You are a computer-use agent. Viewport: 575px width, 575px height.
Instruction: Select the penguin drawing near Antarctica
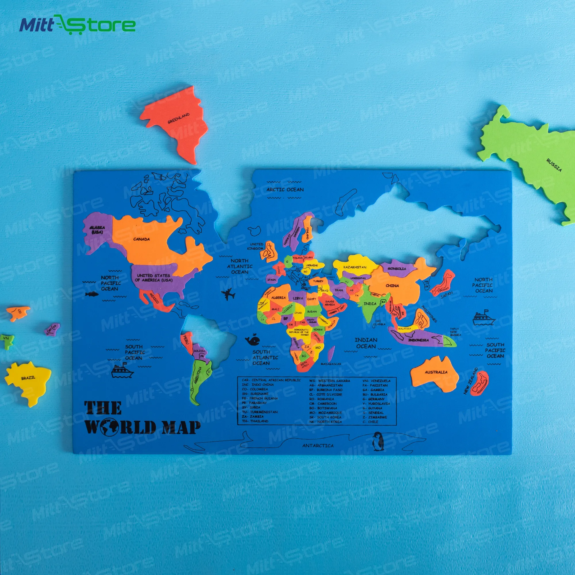click(x=378, y=441)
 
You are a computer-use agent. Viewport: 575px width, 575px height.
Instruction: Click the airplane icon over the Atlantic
click(x=228, y=294)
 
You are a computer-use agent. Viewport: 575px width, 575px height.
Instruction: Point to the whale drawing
click(x=253, y=340)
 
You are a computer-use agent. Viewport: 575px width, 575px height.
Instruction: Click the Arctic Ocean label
click(x=285, y=189)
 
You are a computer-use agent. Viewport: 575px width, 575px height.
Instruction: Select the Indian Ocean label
click(x=366, y=343)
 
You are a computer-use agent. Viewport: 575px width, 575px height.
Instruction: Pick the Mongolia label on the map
click(x=397, y=269)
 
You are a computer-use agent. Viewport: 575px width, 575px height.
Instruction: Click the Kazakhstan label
click(x=355, y=267)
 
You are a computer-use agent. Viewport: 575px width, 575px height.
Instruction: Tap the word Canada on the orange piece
click(x=141, y=239)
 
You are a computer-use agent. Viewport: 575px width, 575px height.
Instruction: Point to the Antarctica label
click(x=318, y=446)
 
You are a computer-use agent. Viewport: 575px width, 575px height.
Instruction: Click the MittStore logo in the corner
click(x=77, y=24)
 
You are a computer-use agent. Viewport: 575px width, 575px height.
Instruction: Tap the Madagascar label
click(x=331, y=364)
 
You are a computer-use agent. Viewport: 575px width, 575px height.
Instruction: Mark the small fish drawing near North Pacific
click(x=92, y=294)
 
